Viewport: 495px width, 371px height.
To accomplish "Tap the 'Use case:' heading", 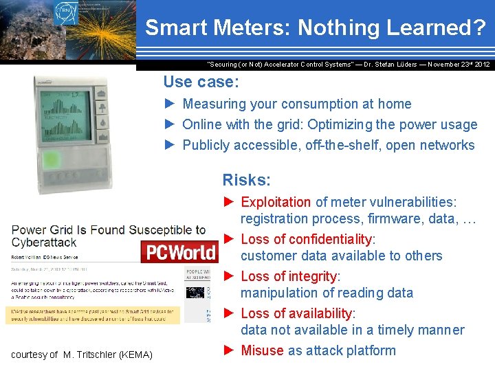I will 201,82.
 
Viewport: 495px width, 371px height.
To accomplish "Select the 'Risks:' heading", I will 246,180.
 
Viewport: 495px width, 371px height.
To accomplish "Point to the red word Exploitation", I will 276,202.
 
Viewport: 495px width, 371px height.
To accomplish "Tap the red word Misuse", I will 262,350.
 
